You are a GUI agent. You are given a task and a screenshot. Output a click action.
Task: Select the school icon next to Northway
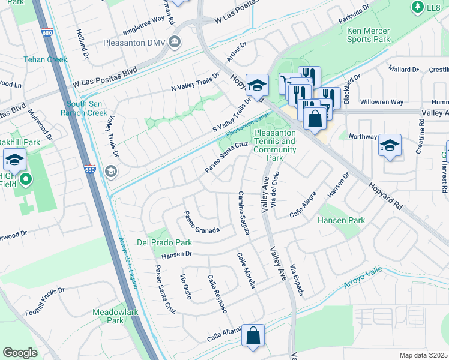390,145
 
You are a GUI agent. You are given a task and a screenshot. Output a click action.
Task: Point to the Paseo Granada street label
202,222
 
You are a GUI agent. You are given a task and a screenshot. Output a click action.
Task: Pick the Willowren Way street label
381,102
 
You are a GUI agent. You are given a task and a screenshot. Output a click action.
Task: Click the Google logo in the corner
20,353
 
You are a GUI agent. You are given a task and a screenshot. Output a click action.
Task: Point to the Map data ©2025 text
423,355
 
